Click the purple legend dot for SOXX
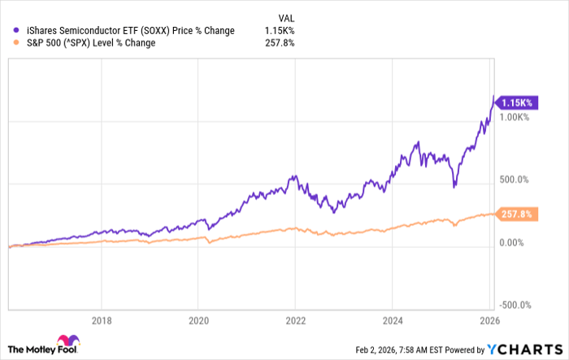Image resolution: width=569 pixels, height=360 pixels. click(x=7, y=31)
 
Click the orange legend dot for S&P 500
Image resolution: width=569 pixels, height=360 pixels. click(x=7, y=43)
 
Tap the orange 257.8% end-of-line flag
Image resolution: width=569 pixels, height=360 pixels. click(x=515, y=214)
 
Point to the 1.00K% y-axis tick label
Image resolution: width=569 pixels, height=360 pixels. click(x=515, y=118)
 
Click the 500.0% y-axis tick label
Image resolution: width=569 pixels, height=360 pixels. click(x=515, y=180)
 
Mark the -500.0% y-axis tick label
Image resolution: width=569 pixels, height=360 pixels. click(x=515, y=305)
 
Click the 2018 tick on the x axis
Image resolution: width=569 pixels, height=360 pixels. click(x=101, y=320)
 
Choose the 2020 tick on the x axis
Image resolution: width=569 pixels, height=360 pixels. click(x=198, y=320)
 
